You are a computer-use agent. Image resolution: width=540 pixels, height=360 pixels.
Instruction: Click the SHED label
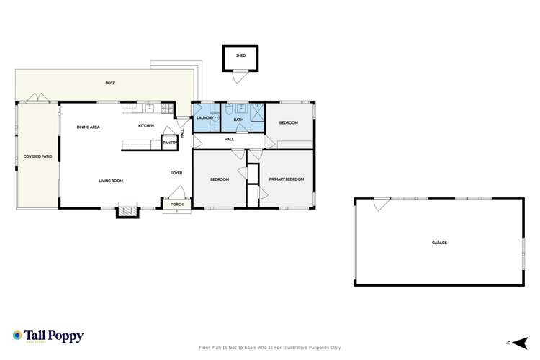coord(240,55)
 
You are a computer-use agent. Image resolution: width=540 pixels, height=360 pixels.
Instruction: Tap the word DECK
coord(110,84)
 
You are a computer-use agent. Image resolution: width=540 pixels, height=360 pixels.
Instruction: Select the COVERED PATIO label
coord(36,156)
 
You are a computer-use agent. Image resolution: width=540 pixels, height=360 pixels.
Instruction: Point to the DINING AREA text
coord(88,127)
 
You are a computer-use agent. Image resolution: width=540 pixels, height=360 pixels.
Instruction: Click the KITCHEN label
coord(147,127)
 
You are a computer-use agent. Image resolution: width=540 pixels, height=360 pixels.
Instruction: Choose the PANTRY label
coord(170,143)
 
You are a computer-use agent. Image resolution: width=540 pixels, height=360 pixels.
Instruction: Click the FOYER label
coord(176,173)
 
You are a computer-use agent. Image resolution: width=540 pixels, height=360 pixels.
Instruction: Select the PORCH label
coord(176,205)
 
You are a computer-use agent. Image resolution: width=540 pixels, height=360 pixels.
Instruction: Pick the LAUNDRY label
coord(204,117)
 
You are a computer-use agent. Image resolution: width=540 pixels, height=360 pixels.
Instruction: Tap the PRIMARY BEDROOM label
coord(286,179)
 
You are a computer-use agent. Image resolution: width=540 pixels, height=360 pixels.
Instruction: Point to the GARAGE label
coord(439,243)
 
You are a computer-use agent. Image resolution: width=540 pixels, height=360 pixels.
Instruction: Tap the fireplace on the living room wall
coord(127,211)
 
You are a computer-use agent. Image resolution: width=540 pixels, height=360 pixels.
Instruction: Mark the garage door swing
coord(377,204)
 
